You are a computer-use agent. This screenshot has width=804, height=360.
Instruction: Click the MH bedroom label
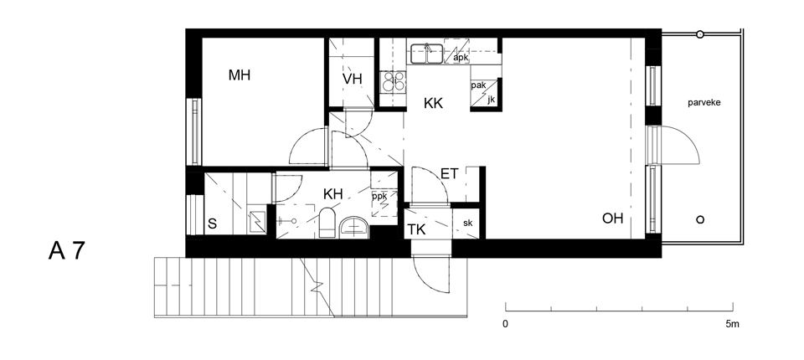tap(240, 75)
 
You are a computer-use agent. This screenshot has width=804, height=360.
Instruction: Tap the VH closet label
tap(353, 79)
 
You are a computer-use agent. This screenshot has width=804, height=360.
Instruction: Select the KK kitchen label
tap(433, 103)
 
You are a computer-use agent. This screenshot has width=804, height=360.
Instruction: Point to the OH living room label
tap(613, 219)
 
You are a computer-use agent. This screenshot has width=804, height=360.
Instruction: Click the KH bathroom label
tap(332, 194)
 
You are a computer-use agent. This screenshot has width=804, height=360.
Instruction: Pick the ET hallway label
tap(450, 174)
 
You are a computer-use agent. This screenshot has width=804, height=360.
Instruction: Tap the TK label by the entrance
tap(416, 229)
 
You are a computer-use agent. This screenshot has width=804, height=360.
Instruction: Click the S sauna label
tap(212, 224)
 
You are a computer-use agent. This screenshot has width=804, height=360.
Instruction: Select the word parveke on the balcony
tap(704, 103)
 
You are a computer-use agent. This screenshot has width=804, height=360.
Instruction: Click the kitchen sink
tap(426, 54)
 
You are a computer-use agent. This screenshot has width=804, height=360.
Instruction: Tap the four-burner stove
tap(394, 81)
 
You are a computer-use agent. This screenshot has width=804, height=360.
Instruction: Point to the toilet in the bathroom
tap(327, 223)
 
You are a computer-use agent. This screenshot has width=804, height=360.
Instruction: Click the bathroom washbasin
tap(354, 226)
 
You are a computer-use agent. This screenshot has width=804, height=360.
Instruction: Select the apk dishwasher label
tap(461, 58)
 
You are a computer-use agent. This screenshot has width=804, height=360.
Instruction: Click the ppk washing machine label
tap(379, 196)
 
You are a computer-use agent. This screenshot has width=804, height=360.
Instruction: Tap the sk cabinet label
tap(467, 223)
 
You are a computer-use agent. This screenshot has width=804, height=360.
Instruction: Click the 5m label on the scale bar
tap(732, 324)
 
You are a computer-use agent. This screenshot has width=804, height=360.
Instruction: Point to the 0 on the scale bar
tap(505, 324)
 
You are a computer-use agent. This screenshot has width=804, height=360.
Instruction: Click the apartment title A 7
tap(66, 251)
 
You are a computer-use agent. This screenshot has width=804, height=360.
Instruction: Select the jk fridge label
tap(492, 100)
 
